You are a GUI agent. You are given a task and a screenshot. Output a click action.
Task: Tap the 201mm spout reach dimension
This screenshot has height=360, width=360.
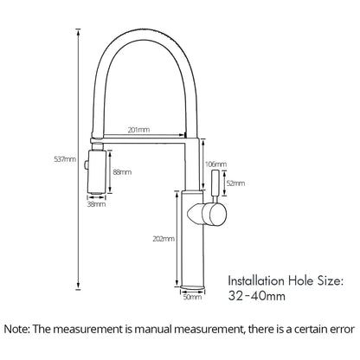tap(138, 129)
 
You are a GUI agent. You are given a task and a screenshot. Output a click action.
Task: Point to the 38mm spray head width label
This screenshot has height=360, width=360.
tap(97, 205)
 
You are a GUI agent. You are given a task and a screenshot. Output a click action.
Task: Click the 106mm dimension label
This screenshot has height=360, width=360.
tap(214, 163)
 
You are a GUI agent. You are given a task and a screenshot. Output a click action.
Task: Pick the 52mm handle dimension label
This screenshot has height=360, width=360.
tap(234, 183)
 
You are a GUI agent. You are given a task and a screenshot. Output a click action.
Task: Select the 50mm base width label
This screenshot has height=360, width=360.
tap(193, 299)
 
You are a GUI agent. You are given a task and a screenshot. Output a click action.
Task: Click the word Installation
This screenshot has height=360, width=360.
tap(254, 280)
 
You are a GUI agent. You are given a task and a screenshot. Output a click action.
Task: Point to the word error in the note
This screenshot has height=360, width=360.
tap(337, 330)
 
